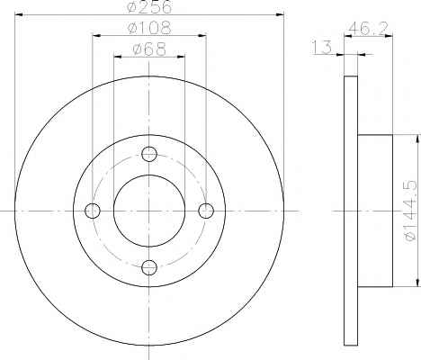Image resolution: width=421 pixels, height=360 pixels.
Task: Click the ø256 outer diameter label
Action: click(150, 6)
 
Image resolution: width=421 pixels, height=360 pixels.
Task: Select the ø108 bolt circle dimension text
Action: click(149, 28)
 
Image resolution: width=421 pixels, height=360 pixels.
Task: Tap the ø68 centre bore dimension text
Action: click(149, 49)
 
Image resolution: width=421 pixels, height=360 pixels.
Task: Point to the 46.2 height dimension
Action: click(368, 29)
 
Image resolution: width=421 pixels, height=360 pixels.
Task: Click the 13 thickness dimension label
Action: click(322, 48)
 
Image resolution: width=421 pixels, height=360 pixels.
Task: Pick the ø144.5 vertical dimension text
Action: click(410, 211)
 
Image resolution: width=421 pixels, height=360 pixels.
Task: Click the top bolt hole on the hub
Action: click(149, 154)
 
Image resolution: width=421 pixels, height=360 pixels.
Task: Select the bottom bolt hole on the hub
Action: click(149, 267)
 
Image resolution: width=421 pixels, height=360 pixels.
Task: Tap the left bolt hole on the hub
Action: click(93, 211)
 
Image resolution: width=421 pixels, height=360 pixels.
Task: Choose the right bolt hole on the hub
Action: click(206, 211)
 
